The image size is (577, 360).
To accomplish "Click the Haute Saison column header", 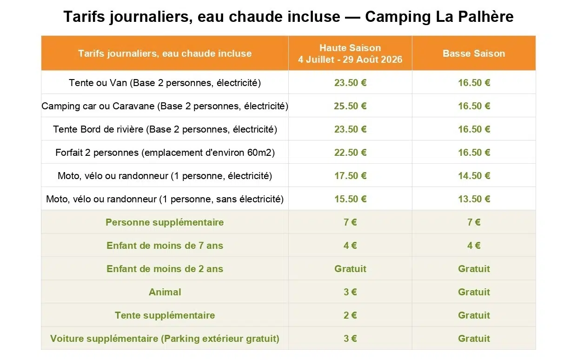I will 350,53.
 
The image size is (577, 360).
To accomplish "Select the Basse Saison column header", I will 474,53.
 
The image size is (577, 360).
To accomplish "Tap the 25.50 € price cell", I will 350,106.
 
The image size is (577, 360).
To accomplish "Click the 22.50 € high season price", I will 350,153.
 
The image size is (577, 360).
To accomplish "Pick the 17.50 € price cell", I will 350,176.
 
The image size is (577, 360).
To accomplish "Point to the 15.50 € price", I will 350,199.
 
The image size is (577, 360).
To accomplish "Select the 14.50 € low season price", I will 474,176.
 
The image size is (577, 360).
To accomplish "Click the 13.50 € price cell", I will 474,199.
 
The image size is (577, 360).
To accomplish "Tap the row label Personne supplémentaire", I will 165,222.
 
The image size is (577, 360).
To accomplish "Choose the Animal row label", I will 165,292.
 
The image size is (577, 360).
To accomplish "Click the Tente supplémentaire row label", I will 165,315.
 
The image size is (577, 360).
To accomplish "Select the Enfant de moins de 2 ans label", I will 165,269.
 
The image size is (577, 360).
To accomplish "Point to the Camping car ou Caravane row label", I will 165,106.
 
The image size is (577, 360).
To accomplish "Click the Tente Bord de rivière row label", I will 165,129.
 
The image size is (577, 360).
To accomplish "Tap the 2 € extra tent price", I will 350,315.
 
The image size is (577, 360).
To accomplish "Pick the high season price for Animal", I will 350,292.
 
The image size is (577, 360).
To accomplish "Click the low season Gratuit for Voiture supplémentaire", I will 474,339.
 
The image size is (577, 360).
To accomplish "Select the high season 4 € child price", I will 350,246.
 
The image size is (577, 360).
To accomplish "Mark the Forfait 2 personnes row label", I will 165,153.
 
